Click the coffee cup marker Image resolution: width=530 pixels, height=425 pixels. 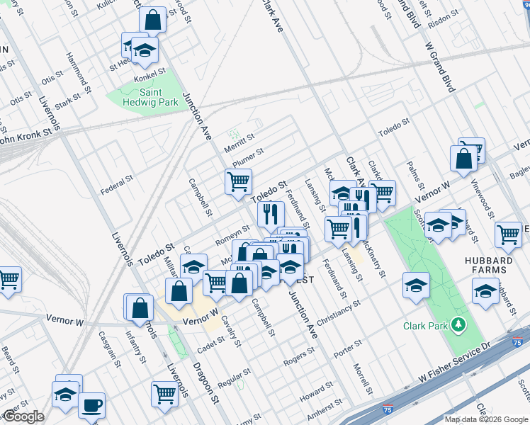(x=91, y=406)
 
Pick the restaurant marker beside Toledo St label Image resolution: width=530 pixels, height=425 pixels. (x=269, y=214)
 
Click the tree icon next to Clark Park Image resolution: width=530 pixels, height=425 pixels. (x=459, y=325)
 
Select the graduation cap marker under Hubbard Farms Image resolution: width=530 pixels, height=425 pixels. (x=485, y=291)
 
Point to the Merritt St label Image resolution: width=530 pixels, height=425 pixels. (x=239, y=142)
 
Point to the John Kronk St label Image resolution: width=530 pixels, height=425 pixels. (x=26, y=135)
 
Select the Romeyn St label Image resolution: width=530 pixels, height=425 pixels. (x=232, y=235)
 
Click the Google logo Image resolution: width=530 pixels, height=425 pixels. (x=23, y=417)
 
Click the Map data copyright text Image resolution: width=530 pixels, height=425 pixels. (x=485, y=419)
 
